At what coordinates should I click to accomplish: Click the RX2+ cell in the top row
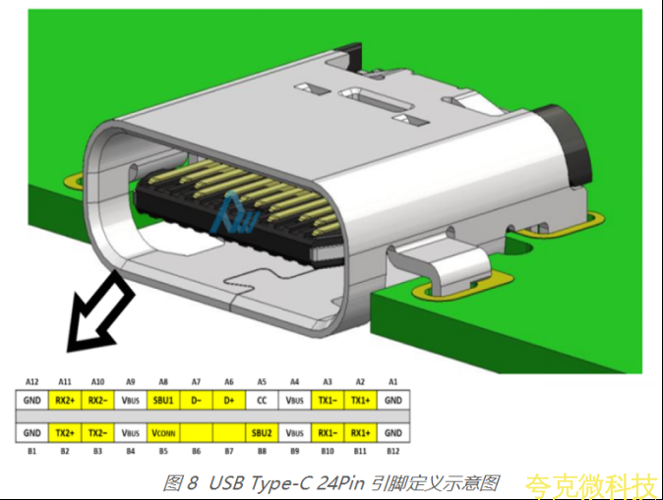click(x=65, y=400)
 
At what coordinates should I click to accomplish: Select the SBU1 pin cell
click(x=163, y=400)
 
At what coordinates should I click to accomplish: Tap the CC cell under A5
click(x=262, y=400)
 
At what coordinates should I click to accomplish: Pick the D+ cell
click(x=229, y=400)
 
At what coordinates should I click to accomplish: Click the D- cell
click(x=196, y=400)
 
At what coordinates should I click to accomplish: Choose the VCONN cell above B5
click(x=163, y=433)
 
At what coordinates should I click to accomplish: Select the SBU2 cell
click(x=262, y=433)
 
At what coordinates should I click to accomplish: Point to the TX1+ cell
click(x=360, y=400)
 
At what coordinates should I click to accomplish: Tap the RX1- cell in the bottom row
click(x=328, y=433)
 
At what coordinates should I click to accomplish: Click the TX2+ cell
click(x=65, y=433)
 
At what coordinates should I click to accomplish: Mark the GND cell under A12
click(x=32, y=400)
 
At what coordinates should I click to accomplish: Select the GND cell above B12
click(x=393, y=433)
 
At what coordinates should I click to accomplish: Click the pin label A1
click(x=393, y=382)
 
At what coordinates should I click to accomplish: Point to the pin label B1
click(x=32, y=452)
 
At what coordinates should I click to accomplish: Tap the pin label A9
click(x=131, y=382)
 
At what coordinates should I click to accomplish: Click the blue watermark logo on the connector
click(x=234, y=214)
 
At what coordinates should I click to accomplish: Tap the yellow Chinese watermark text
click(x=593, y=486)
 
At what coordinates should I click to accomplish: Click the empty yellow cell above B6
click(x=196, y=433)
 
